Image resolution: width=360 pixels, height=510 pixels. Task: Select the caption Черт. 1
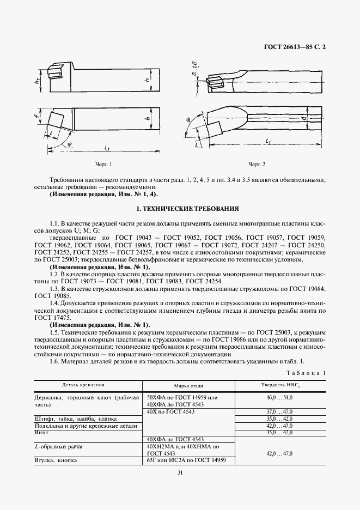point(103,164)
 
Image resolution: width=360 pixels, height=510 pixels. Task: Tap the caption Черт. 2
point(257,164)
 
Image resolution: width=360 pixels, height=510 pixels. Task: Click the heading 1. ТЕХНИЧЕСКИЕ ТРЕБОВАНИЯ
point(180,209)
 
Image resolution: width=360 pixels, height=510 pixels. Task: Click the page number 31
point(179,473)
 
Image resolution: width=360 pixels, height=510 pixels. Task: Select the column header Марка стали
point(188,385)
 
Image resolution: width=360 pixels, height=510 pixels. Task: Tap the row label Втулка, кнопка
point(56,460)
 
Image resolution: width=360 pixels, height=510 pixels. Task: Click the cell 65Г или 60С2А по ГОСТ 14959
point(187,460)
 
